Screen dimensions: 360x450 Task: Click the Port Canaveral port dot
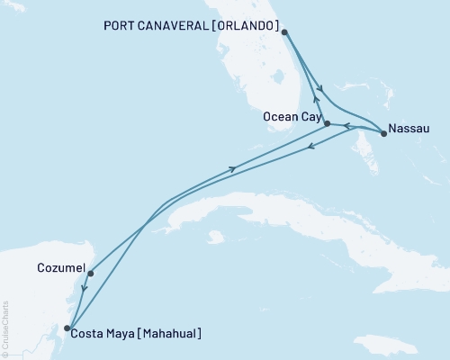(x=284, y=32)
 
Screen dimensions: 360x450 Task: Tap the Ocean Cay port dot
(x=327, y=123)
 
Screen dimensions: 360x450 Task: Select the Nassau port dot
(x=384, y=134)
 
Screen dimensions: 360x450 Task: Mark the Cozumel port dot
(x=90, y=273)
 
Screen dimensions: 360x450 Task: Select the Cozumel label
(x=61, y=268)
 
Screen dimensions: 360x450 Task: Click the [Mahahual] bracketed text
(x=168, y=334)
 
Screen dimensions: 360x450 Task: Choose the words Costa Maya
(x=102, y=334)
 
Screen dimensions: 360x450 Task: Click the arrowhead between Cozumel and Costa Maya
(x=83, y=289)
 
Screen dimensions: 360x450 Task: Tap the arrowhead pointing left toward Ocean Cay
(x=347, y=127)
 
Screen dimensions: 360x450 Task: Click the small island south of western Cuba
(x=214, y=236)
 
